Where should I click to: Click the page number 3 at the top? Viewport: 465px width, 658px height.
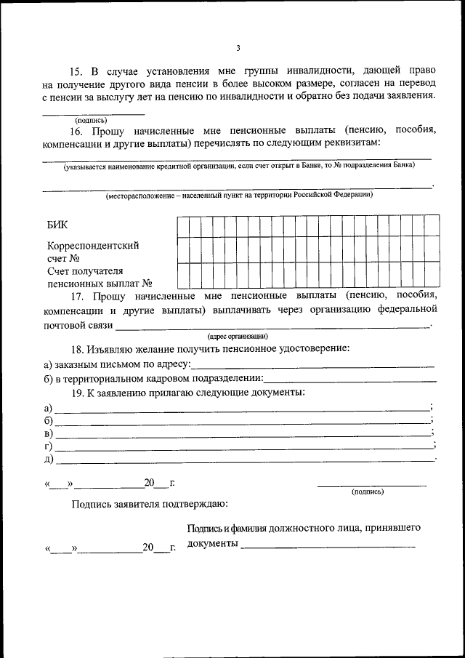pos(238,48)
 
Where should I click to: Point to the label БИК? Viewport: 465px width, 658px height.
pos(58,226)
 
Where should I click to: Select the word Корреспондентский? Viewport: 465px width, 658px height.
pos(93,246)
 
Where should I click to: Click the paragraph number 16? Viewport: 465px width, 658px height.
pos(77,132)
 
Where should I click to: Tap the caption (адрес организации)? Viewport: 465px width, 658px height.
pos(238,336)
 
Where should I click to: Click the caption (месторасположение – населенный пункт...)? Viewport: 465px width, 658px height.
pos(239,195)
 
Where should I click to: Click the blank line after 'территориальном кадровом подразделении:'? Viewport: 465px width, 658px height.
pos(350,380)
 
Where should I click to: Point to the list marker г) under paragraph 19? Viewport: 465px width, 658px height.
pos(49,446)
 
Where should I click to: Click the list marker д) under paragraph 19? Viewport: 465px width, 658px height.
pos(49,460)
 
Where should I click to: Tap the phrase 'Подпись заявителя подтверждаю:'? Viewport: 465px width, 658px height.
pos(150,504)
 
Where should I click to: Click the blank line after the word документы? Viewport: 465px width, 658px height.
pos(328,545)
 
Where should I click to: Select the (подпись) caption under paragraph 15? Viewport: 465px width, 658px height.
pos(92,120)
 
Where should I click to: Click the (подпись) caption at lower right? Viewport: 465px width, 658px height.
pos(368,492)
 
